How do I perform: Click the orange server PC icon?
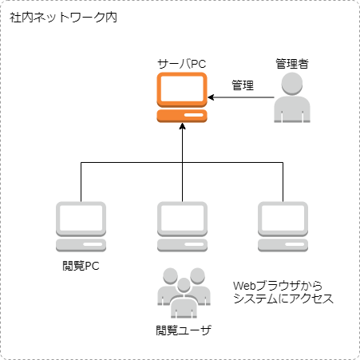[x=182, y=97]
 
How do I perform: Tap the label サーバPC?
[x=182, y=64]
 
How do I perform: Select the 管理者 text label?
[x=292, y=64]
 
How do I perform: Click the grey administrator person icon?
[x=292, y=97]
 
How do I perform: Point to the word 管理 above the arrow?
[x=243, y=85]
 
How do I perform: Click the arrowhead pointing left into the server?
[x=211, y=97]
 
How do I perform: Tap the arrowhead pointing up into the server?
[x=182, y=126]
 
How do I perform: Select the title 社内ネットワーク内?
[x=63, y=18]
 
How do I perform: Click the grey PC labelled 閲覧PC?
[x=81, y=227]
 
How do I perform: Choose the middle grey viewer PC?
[x=182, y=227]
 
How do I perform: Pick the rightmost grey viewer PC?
[x=283, y=227]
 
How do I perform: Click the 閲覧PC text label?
[x=81, y=266]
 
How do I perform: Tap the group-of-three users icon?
[x=184, y=293]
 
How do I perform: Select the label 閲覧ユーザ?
[x=184, y=330]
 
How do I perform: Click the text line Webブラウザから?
[x=278, y=286]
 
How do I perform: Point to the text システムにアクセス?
[x=283, y=299]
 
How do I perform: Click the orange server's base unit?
[x=182, y=116]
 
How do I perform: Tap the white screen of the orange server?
[x=182, y=89]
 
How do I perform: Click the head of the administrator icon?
[x=292, y=84]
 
